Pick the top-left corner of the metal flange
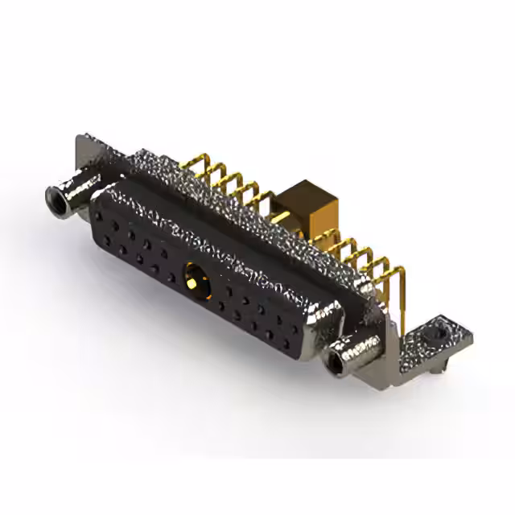81,138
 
